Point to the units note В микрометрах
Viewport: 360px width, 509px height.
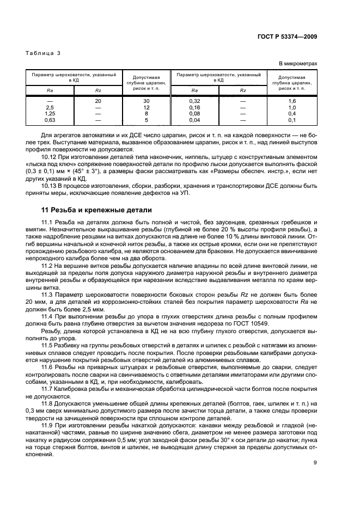point(298,64)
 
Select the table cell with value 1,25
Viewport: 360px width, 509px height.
point(50,113)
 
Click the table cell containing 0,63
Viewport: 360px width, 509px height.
point(50,119)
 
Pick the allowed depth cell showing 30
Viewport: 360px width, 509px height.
point(146,101)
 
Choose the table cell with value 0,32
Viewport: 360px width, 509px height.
point(194,101)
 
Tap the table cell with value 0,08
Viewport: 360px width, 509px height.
point(194,113)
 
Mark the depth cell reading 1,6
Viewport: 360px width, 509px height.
point(291,101)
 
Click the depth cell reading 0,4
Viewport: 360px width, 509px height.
point(291,113)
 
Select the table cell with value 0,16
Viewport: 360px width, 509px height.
point(194,107)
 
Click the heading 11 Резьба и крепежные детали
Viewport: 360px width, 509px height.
point(96,210)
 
